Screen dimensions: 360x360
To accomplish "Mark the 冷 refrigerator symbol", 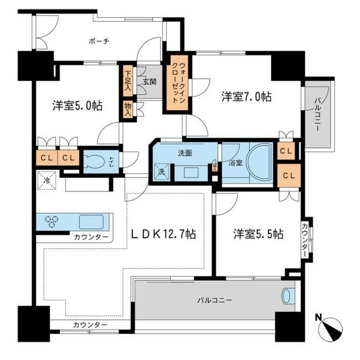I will (x=45, y=181).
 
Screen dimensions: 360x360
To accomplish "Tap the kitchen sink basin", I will (x=89, y=220).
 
